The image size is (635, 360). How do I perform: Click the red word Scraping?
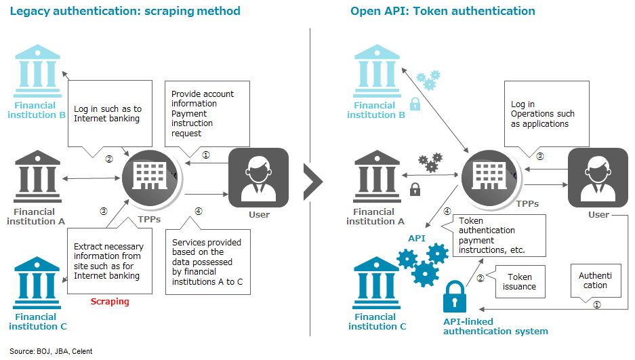[x=110, y=301]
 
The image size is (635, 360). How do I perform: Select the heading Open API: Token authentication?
[x=443, y=11]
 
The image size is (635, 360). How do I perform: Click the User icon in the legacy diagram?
[x=259, y=177]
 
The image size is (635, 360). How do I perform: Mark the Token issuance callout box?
[x=520, y=281]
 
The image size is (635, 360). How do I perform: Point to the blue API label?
[x=416, y=239]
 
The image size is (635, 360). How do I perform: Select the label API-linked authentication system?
[x=495, y=326]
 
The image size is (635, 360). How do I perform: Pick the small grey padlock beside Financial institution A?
[x=415, y=189]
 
